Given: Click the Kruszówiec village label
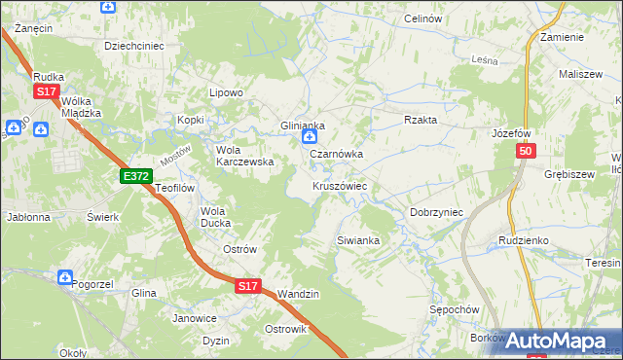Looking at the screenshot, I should tap(339, 186).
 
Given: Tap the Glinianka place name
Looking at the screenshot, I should tap(302, 126).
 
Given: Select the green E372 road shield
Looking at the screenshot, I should tap(135, 176).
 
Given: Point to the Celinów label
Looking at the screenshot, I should tap(422, 19).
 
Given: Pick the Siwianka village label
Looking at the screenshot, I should tap(357, 239).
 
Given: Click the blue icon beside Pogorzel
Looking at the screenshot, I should tap(64, 278).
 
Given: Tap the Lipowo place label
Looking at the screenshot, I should tap(226, 92).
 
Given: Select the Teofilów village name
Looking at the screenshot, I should tap(176, 188).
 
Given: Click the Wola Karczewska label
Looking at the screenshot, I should tap(244, 156).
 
